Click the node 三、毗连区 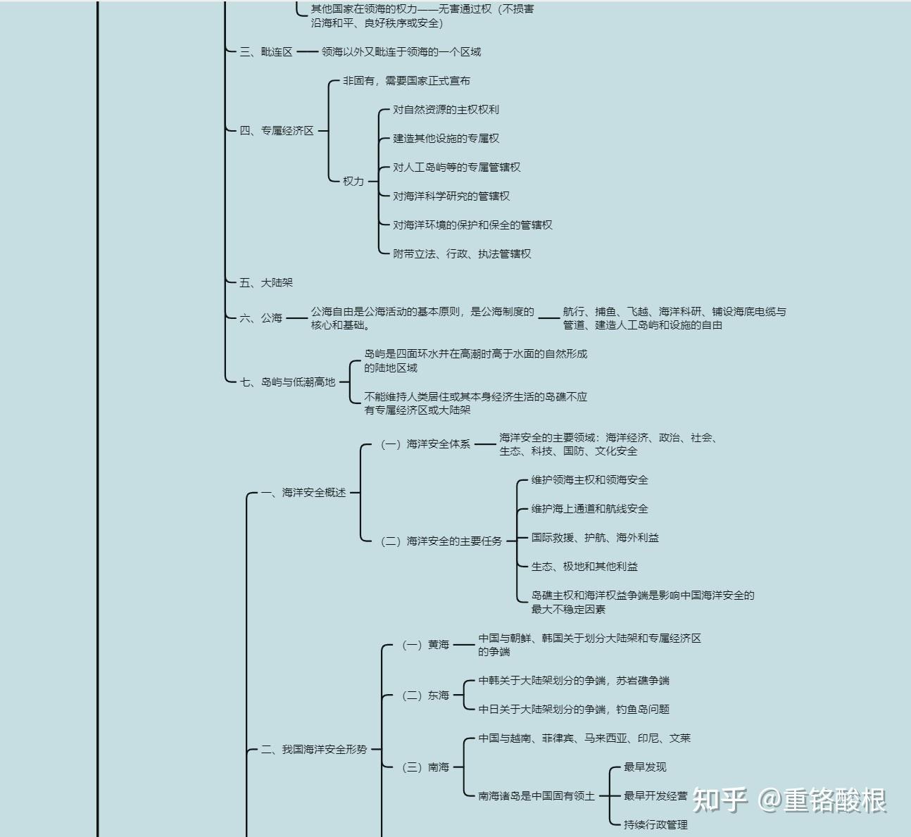coord(265,52)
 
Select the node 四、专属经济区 coord(276,131)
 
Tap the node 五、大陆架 coord(265,283)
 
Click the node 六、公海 coord(260,318)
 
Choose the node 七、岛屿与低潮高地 coord(287,382)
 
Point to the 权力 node coord(353,182)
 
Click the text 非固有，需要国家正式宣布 coord(406,81)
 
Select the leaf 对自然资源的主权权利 coord(446,110)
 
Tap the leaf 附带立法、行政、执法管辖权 coord(462,254)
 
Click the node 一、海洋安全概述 coord(303,493)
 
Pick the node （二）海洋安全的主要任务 coord(441,541)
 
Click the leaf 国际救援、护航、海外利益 coord(595,538)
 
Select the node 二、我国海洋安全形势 coord(314,750)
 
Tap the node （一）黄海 coord(425,645)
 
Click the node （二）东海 coord(425,696)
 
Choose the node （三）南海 coord(425,767)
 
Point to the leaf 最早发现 coord(645,767)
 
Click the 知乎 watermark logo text coord(720,800)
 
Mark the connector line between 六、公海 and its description coord(296,318)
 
